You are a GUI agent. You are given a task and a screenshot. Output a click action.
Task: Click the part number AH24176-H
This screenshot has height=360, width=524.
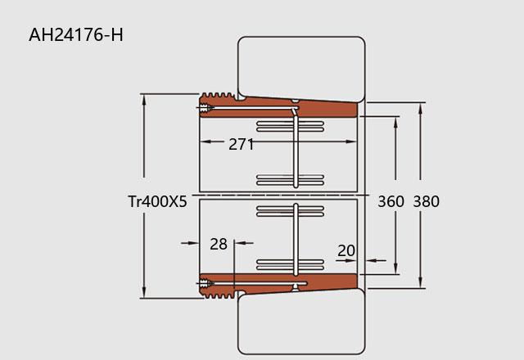[x=76, y=34]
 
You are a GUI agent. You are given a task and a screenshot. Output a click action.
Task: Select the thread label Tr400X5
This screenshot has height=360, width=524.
[x=157, y=201]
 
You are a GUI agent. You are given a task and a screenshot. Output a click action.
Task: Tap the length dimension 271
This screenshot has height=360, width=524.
[x=241, y=144]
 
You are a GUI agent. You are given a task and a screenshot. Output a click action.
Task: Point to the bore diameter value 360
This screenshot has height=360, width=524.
[x=391, y=201]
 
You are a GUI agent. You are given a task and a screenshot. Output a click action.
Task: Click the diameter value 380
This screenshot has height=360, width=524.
[x=426, y=201]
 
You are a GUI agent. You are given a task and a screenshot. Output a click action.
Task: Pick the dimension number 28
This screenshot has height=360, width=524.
[x=219, y=244]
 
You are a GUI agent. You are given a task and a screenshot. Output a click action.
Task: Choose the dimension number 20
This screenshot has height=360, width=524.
[x=346, y=251]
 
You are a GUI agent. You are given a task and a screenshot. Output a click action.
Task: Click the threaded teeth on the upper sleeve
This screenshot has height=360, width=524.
[x=218, y=96]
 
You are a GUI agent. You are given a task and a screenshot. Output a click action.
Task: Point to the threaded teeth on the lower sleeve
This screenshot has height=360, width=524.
[x=219, y=295]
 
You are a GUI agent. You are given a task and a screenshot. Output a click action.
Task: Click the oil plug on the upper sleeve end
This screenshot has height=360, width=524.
[x=206, y=108]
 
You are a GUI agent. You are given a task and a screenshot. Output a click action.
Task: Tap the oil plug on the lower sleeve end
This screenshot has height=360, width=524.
[x=206, y=284]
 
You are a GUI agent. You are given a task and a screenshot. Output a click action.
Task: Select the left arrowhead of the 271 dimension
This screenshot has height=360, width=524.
[x=206, y=142]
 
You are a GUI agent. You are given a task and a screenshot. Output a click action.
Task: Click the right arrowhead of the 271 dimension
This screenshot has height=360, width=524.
[x=351, y=142]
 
